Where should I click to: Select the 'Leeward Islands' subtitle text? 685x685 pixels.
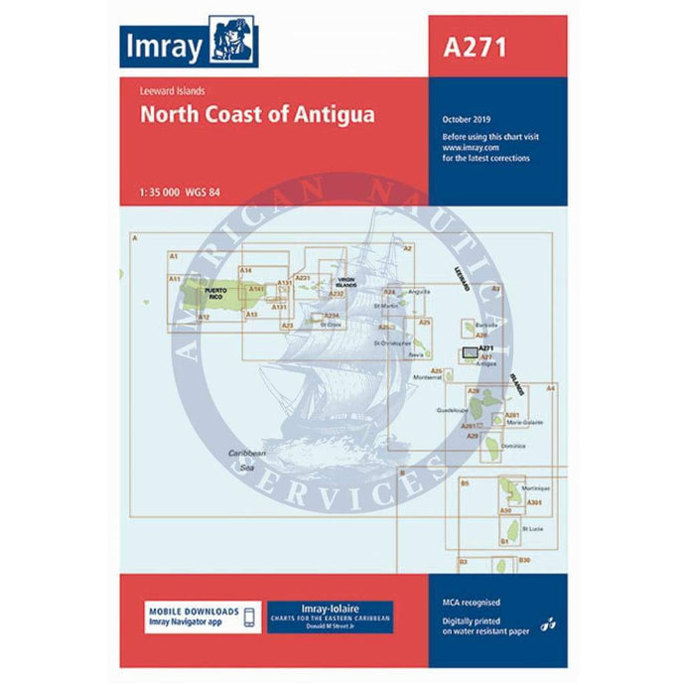pyautogui.click(x=173, y=90)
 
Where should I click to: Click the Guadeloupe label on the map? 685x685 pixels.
pyautogui.click(x=452, y=409)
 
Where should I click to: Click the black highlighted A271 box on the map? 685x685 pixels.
pyautogui.click(x=470, y=351)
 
